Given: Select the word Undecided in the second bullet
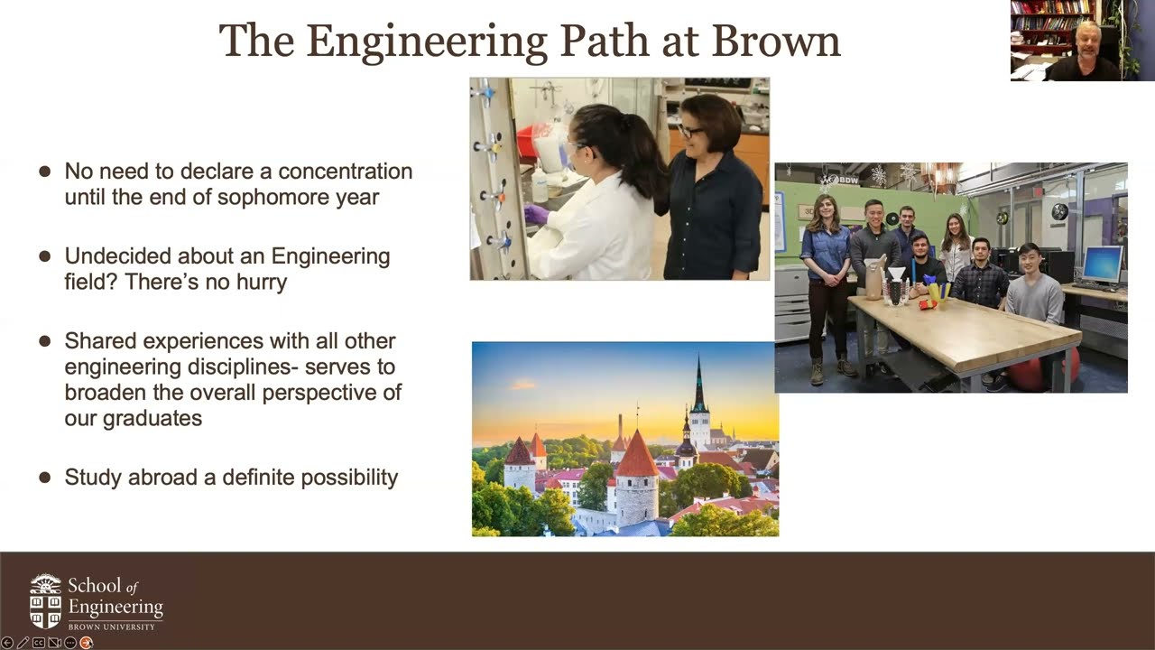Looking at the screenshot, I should (119, 256).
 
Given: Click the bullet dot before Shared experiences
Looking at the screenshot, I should (45, 342).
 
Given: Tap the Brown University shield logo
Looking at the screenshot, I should (46, 600).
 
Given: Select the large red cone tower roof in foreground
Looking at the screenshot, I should (637, 456).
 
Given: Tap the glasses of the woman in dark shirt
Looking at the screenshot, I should (689, 132).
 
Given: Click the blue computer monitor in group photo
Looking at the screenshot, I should (1102, 264).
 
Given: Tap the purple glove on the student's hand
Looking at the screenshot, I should (536, 214).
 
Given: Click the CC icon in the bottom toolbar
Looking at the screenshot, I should (39, 643).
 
